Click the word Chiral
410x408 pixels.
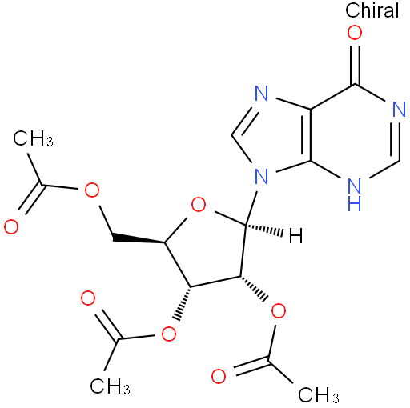coord(372,10)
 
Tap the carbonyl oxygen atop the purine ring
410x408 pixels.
coord(355,33)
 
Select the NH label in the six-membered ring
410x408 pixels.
coord(355,194)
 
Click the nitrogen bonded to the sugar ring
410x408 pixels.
coord(261,177)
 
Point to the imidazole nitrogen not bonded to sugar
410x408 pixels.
coord(261,93)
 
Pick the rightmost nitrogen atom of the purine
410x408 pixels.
coord(399,110)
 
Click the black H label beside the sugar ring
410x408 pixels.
coord(296,235)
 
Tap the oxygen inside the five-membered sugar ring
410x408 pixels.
coord(199,205)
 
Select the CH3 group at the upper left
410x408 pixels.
coord(33,138)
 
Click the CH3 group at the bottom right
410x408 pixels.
coord(319,394)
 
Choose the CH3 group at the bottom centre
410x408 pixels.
coord(110,386)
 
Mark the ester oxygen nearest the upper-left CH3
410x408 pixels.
coord(92,190)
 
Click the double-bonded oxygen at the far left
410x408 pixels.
coord(11,227)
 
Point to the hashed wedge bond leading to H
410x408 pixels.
coord(264,230)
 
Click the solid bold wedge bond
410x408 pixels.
coord(139,238)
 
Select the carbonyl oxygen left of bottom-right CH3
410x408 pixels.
coord(219,376)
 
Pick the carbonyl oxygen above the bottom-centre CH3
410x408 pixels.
coord(88,298)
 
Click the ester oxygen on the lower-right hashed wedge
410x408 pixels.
coord(278,310)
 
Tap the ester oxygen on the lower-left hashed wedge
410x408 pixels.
coord(169,334)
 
